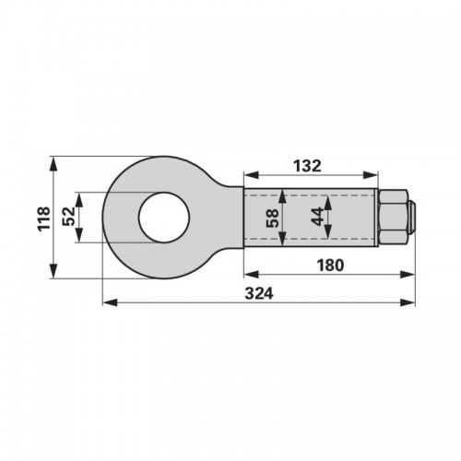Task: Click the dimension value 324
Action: click(259, 293)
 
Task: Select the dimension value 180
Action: click(330, 266)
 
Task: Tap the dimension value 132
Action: click(307, 166)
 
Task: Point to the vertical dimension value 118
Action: click(43, 219)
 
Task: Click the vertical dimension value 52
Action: click(69, 217)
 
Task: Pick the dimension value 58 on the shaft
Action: click(273, 218)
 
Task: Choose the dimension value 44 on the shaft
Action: click(317, 217)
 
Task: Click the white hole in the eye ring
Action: click(164, 218)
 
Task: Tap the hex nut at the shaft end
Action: click(394, 218)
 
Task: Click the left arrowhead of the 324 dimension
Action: click(110, 302)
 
